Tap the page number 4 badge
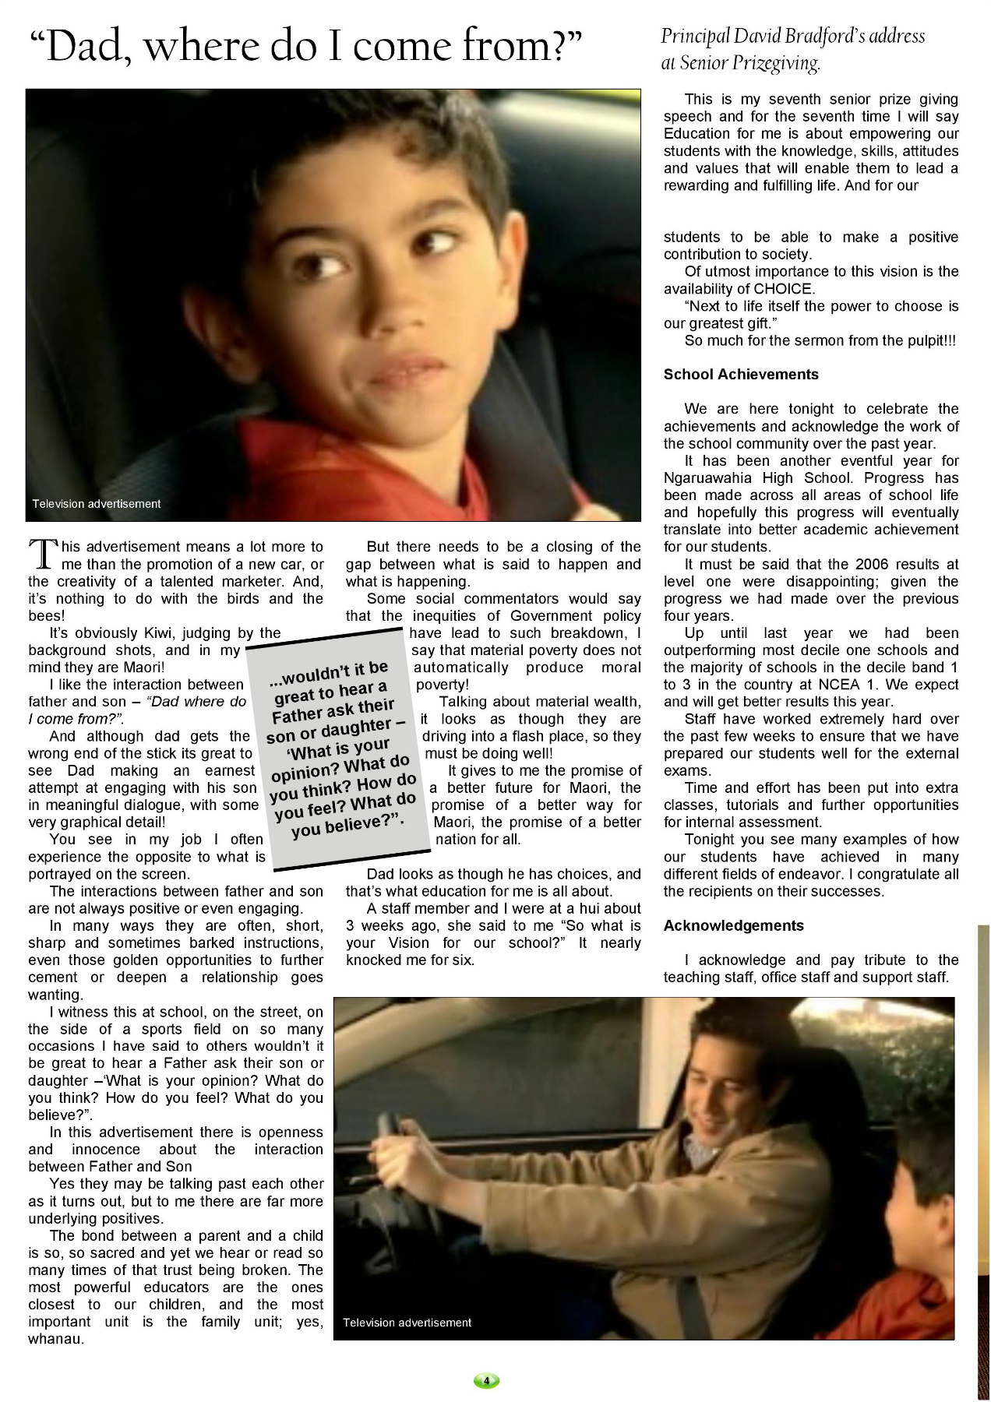click(486, 1381)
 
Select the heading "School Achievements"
click(740, 375)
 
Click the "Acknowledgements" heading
click(733, 926)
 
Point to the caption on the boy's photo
click(96, 504)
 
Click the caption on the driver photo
click(407, 1323)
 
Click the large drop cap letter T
click(44, 555)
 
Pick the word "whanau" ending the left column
click(55, 1339)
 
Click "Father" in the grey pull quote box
click(301, 715)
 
